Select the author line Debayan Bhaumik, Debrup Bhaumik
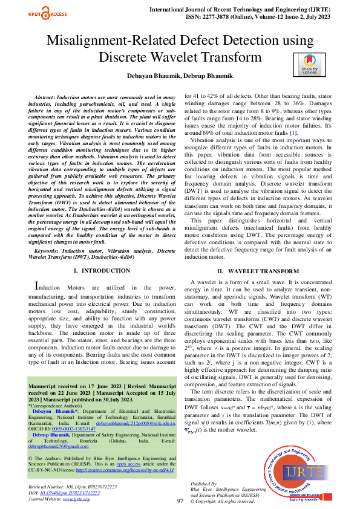180,77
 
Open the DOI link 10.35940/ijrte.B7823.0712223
80,493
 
